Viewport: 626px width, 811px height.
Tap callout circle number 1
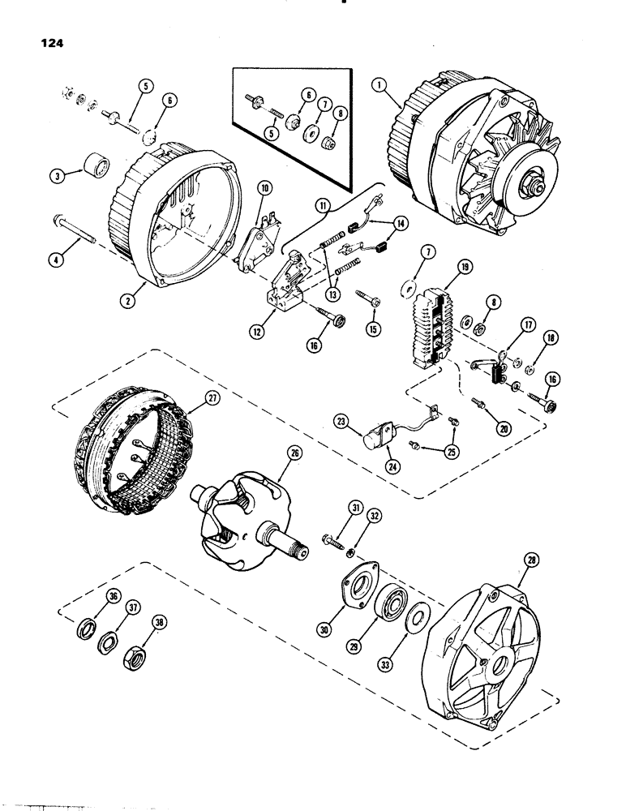[x=379, y=83]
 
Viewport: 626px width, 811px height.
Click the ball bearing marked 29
[x=388, y=604]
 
